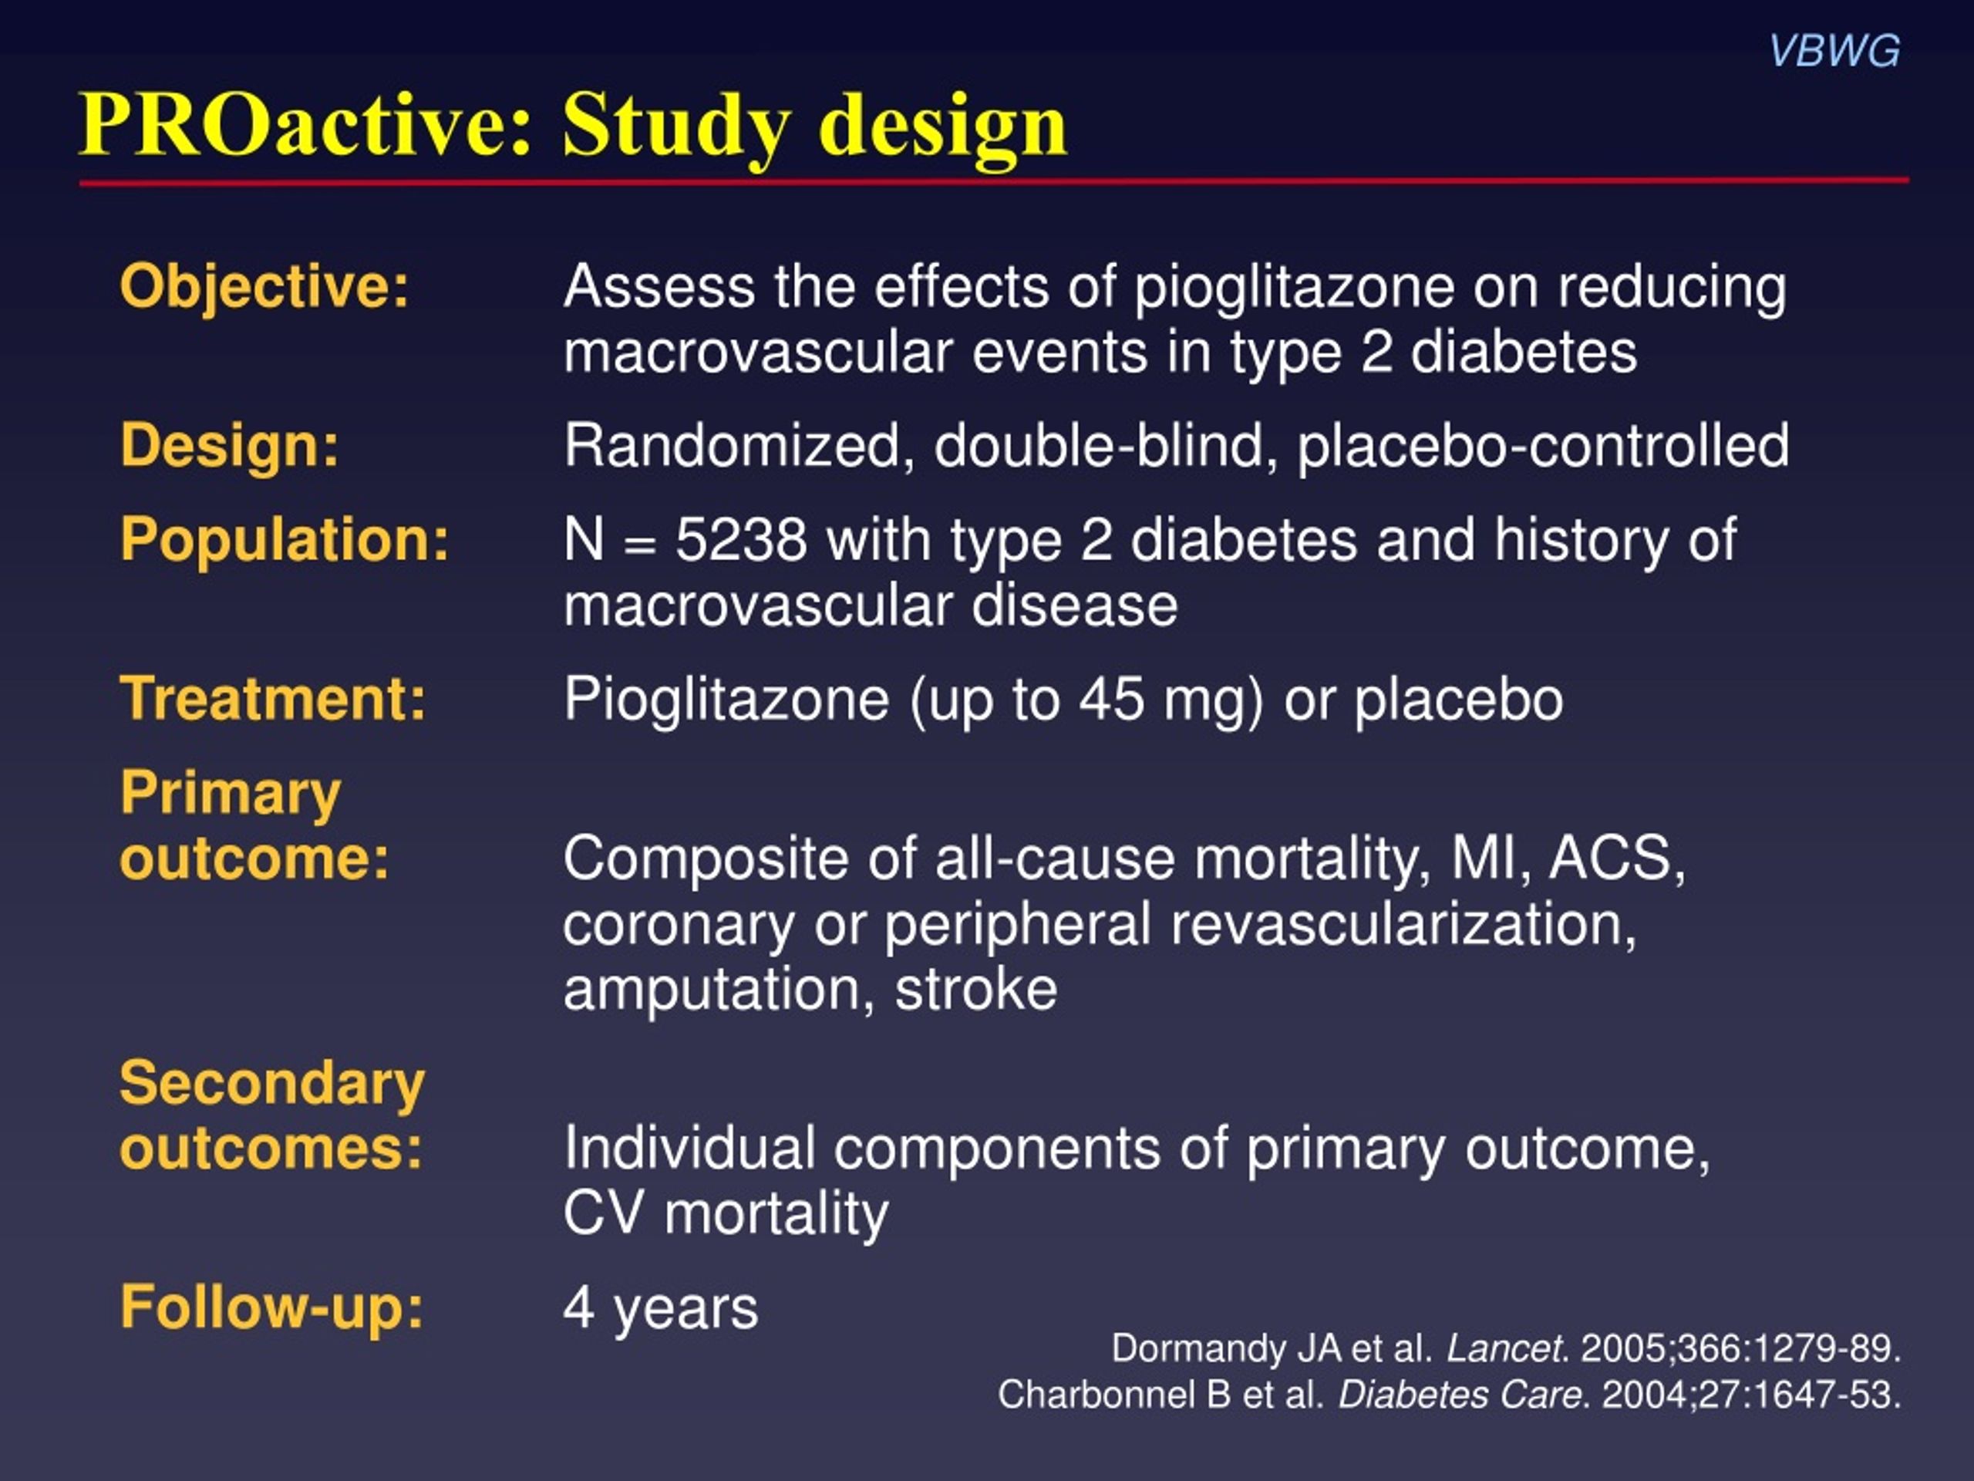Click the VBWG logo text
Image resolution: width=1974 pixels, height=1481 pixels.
[1834, 51]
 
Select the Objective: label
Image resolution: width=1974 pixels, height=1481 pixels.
[264, 288]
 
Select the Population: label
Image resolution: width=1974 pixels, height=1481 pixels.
[285, 539]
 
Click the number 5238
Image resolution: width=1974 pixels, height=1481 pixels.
[741, 540]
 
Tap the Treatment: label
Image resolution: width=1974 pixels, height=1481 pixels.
[273, 698]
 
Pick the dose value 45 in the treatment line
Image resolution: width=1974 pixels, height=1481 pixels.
[1111, 698]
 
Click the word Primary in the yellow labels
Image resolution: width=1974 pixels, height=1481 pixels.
[231, 793]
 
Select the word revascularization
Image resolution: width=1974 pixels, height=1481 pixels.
[1402, 924]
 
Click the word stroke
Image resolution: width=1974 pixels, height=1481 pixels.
[975, 989]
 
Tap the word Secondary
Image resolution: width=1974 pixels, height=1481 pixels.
[272, 1084]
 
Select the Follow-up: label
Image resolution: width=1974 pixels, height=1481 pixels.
[271, 1307]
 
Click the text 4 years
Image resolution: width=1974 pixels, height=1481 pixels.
[660, 1307]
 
